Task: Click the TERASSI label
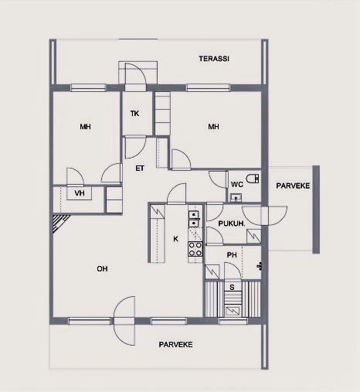tap(214, 59)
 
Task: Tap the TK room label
tap(134, 114)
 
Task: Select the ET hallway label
tap(140, 169)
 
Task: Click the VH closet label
tap(80, 193)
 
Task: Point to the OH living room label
tap(102, 269)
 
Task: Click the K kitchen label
tap(175, 239)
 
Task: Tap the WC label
tap(237, 185)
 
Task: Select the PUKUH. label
tap(232, 223)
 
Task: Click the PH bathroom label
tap(232, 255)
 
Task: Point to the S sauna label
tap(232, 287)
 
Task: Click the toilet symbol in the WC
tap(253, 179)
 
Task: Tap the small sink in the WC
tap(236, 198)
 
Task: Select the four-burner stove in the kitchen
tap(195, 249)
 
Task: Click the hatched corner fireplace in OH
tap(59, 223)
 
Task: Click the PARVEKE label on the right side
tap(293, 186)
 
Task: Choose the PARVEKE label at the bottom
tap(175, 345)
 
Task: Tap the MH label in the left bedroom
tap(85, 127)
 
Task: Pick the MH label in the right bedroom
tap(213, 127)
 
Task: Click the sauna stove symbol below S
tap(233, 311)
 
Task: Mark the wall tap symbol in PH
tap(260, 266)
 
